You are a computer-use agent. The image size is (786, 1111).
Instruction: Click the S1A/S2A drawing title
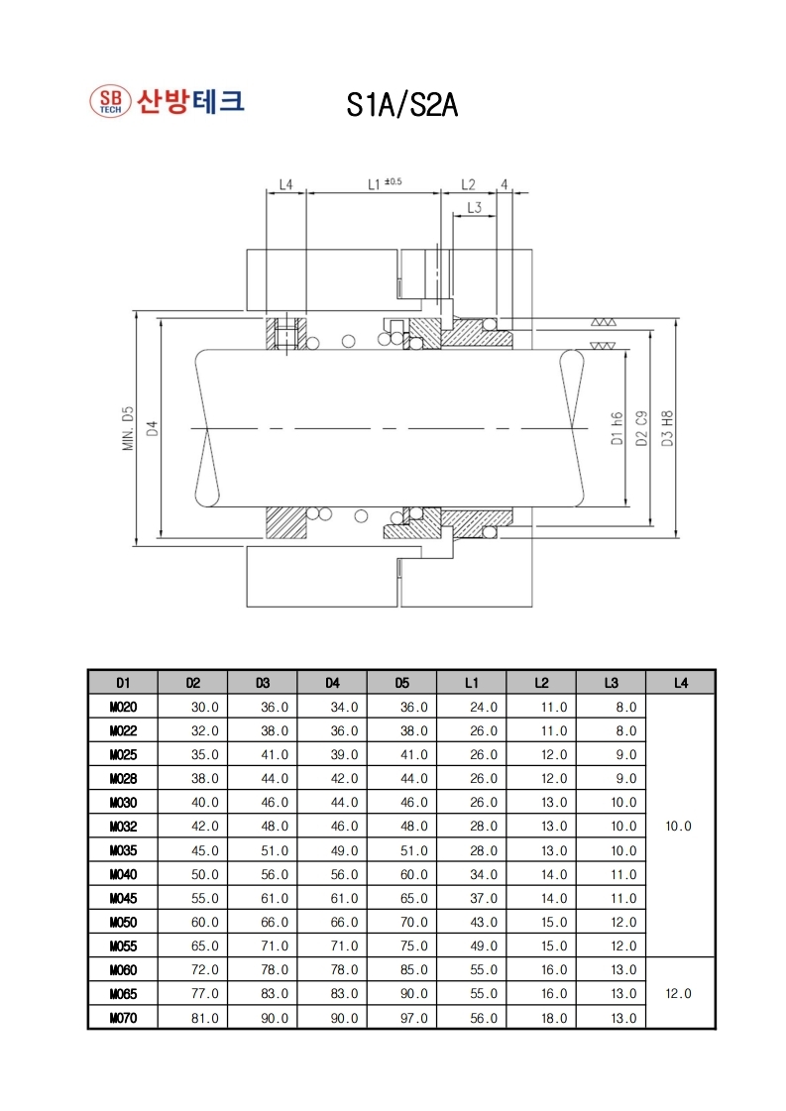(401, 105)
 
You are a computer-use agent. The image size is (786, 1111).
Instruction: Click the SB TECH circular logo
(111, 101)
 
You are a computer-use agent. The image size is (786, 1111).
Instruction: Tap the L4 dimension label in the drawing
(285, 184)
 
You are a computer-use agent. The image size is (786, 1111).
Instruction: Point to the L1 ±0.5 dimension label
(385, 183)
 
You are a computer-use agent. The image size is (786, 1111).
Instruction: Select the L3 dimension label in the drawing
(474, 207)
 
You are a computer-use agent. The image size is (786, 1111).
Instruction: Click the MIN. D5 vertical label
(128, 429)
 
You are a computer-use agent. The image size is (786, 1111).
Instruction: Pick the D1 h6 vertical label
(617, 429)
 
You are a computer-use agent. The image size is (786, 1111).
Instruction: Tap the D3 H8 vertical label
(667, 428)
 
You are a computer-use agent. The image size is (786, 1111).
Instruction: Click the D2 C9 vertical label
(641, 428)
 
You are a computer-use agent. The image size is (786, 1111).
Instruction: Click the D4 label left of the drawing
(152, 429)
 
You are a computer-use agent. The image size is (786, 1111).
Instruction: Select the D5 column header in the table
(401, 683)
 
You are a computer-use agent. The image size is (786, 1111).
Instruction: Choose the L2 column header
(541, 683)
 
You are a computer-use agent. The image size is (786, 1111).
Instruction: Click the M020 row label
(123, 707)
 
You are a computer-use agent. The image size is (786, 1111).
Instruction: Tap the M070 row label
(123, 1018)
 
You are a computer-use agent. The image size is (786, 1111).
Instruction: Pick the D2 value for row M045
(205, 899)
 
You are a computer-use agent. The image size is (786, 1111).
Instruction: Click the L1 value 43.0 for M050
(484, 923)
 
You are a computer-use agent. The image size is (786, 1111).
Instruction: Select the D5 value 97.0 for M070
(414, 1018)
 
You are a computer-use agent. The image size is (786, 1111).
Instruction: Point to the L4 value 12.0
(678, 993)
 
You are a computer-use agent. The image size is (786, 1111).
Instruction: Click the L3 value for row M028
(625, 779)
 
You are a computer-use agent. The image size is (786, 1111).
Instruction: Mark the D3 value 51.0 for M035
(275, 850)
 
